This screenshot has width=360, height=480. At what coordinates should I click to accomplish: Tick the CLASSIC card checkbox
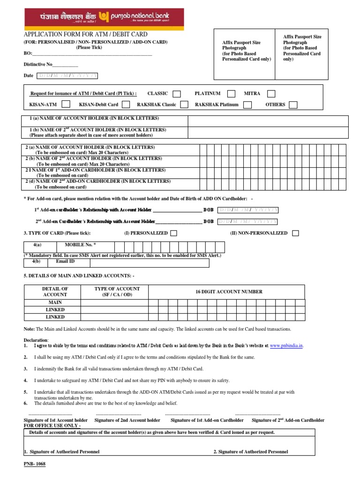coord(176,94)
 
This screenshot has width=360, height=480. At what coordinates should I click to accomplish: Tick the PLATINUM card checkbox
coord(231,94)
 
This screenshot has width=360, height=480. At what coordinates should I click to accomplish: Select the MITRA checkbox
coord(271,94)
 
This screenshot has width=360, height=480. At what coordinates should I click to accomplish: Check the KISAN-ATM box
coord(66,105)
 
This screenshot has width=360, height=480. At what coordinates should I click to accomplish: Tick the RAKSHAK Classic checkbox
coord(185,105)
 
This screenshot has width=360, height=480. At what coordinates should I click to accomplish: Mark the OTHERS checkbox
coord(293,105)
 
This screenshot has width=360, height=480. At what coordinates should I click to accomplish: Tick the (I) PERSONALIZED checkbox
coord(173,233)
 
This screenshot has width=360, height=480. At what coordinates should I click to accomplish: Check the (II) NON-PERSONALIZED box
coord(295,233)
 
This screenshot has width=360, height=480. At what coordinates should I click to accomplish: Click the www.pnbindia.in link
coord(286,345)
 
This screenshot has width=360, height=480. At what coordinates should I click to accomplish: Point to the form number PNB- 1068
coord(35,464)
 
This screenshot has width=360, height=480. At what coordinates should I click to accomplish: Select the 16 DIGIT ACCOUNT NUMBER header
coord(229,292)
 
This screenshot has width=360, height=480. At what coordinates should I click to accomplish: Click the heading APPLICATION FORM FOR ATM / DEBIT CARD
coord(85,34)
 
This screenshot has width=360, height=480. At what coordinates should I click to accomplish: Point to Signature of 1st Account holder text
coord(56,420)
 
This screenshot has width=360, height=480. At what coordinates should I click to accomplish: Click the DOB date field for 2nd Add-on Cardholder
coord(248,221)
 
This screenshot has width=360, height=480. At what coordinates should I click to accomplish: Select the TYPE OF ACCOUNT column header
coord(114,292)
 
